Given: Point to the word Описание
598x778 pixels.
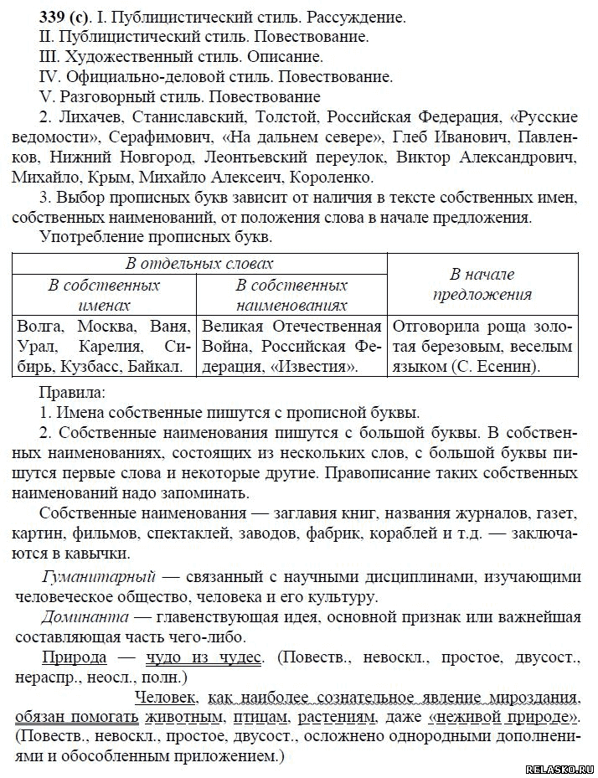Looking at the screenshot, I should pos(282,57).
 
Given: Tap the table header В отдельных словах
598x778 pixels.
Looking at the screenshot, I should pos(199,264).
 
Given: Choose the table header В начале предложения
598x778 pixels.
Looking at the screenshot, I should pos(482,284).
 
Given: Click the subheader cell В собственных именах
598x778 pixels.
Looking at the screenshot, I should pos(104,295).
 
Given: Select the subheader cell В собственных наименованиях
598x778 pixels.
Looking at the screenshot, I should pos(291,295).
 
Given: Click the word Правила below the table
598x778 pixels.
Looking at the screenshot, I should pos(73,392).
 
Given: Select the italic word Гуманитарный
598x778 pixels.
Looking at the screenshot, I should pos(99,577).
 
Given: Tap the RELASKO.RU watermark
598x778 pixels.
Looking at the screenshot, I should pos(559,769).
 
